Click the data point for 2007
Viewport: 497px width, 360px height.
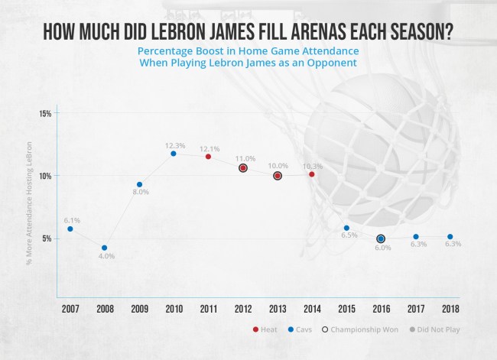click(x=70, y=229)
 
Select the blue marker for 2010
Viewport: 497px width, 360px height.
click(x=174, y=154)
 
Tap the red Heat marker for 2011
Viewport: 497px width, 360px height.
click(x=208, y=157)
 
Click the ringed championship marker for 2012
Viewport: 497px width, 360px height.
click(x=242, y=167)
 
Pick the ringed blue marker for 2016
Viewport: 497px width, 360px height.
click(x=381, y=238)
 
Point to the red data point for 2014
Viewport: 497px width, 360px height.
click(x=312, y=174)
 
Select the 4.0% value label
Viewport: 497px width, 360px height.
click(x=106, y=256)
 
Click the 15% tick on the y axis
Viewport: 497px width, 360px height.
click(x=45, y=114)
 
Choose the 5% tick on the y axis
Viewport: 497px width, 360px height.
click(x=47, y=238)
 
